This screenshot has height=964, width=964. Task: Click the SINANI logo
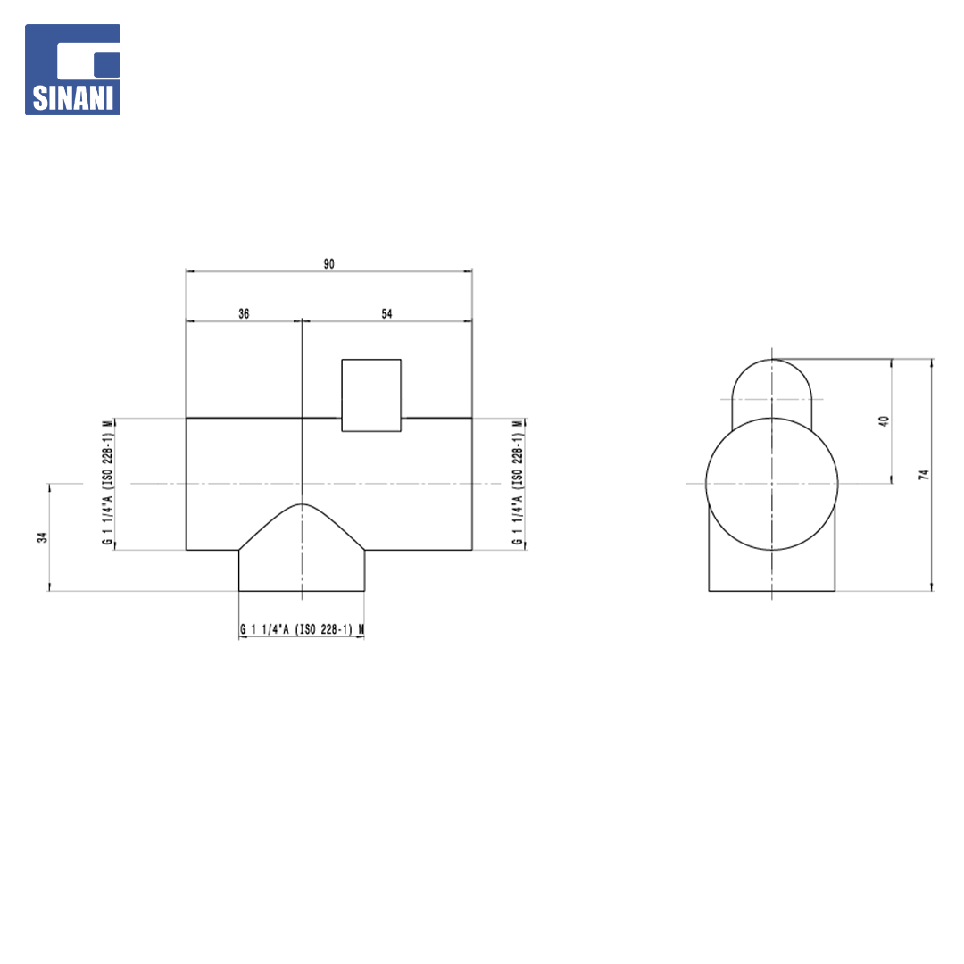[72, 70]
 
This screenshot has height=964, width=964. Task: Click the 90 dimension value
[328, 263]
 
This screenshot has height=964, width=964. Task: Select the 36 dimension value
[244, 313]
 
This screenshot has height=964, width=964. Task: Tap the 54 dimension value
[386, 313]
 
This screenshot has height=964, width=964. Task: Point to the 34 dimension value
[42, 537]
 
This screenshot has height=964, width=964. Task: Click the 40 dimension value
[884, 421]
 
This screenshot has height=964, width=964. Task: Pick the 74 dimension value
[924, 475]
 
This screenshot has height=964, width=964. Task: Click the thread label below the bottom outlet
[302, 629]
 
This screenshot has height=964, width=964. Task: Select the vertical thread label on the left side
[108, 483]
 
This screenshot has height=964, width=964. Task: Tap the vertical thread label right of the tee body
[518, 483]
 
